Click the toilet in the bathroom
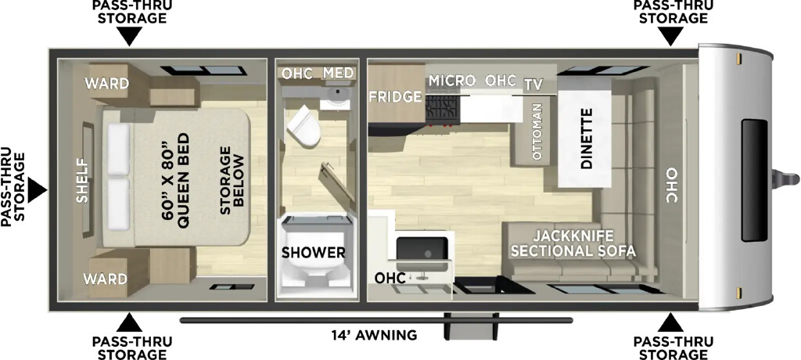304,126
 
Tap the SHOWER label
314,252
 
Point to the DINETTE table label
587,139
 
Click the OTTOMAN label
537,129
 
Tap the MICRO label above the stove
452,81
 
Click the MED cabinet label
338,73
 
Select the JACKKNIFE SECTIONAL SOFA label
573,244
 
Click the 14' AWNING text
374,336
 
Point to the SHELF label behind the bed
83,182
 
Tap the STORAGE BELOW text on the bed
232,176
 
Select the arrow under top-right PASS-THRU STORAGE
670,37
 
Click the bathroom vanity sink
336,95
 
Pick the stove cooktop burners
443,109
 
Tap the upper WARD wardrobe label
106,83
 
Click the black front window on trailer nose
755,180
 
